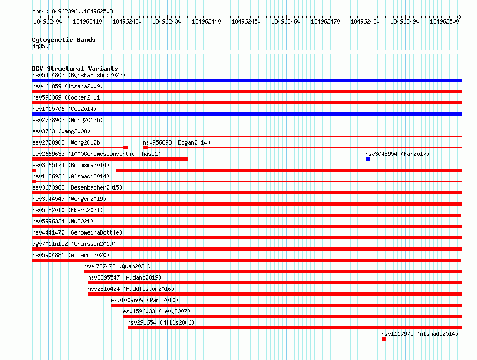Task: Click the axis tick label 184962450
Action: pos(246,21)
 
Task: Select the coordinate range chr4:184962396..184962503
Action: pos(72,11)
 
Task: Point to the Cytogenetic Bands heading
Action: pos(64,40)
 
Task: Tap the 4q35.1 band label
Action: pos(42,46)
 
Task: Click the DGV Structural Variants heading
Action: pos(75,69)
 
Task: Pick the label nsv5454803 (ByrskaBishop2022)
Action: pos(79,75)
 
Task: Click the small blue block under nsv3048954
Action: pos(368,159)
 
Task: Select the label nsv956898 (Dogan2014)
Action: pos(176,142)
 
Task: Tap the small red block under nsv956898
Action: pos(145,148)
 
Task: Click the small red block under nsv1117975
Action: pos(384,339)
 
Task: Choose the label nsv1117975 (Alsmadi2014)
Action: pos(420,334)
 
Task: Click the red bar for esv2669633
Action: pos(110,159)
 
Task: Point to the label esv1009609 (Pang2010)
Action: pos(145,300)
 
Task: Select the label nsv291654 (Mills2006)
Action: pos(161,322)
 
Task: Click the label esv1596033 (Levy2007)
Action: pos(156,311)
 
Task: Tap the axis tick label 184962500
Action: pos(444,21)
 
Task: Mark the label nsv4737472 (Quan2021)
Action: pos(117,266)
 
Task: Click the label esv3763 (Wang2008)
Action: pos(61,131)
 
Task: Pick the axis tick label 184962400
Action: pos(48,21)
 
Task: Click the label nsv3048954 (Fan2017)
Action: pos(397,154)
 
